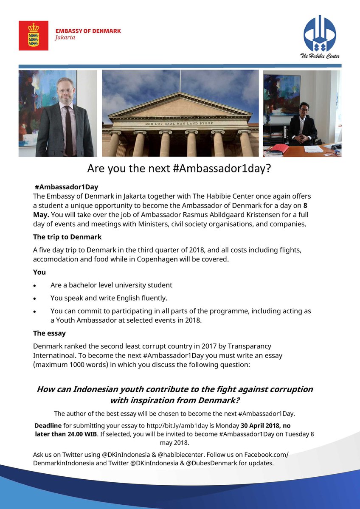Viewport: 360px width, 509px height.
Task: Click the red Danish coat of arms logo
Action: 33,36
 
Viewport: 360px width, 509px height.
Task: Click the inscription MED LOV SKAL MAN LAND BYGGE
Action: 180,124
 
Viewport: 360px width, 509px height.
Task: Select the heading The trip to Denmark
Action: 67,236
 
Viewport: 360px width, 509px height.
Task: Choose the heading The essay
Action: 49,333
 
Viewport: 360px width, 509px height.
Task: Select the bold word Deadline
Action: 48,425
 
